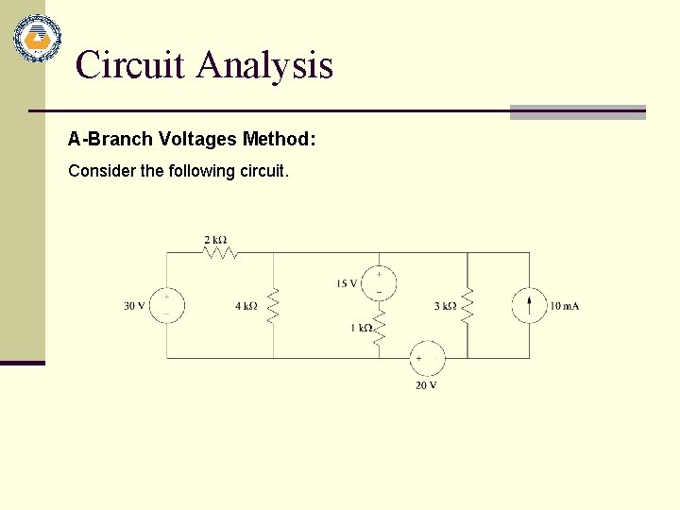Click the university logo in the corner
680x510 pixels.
click(37, 39)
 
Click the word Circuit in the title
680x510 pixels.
click(130, 65)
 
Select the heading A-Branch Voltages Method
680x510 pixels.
click(192, 139)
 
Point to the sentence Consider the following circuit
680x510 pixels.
click(178, 171)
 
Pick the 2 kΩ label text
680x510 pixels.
click(215, 240)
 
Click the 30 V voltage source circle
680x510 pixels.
click(167, 305)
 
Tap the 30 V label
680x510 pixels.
click(134, 306)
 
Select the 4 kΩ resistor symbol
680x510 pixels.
click(274, 305)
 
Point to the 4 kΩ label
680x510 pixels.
click(246, 306)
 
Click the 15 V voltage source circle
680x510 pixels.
click(379, 282)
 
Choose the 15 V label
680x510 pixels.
click(346, 283)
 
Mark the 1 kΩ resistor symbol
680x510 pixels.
click(379, 328)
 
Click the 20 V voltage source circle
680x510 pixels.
click(427, 359)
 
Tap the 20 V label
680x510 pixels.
click(426, 384)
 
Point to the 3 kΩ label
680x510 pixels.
click(445, 306)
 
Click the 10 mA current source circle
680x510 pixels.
click(529, 305)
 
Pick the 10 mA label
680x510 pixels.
click(564, 306)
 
